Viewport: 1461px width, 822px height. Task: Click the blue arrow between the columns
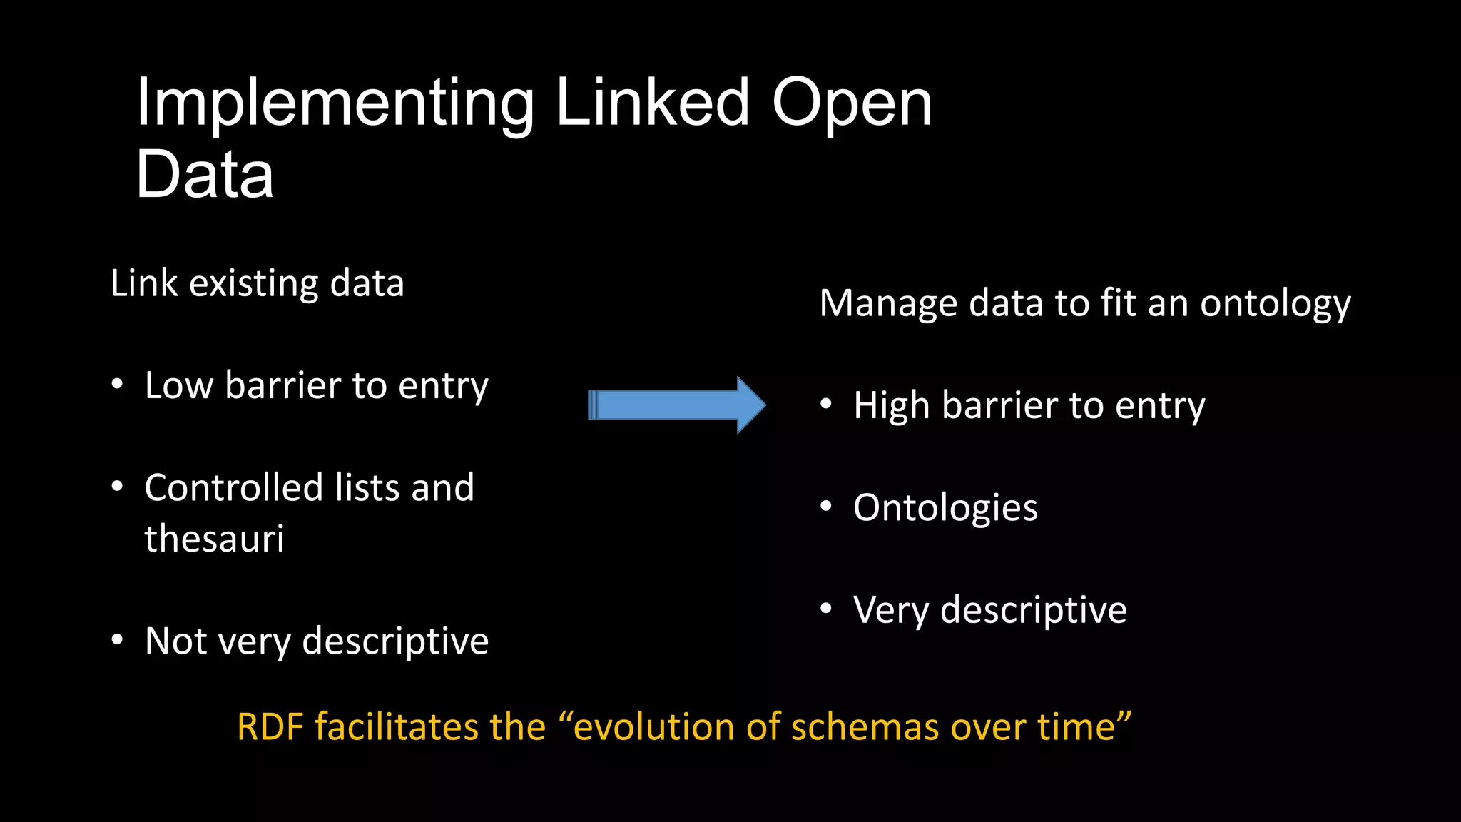coord(676,405)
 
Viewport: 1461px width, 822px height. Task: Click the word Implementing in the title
coord(335,104)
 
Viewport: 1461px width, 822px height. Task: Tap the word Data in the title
coord(205,175)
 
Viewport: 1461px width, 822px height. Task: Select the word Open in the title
coord(852,104)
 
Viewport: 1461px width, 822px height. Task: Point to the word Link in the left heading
coord(143,283)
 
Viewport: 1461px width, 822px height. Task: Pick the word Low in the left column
coord(179,386)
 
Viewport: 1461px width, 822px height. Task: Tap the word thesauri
coord(214,539)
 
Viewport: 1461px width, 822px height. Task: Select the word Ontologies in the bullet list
coord(945,509)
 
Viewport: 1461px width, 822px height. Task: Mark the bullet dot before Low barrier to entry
coord(118,385)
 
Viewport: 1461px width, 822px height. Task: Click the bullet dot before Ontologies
coord(826,507)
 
